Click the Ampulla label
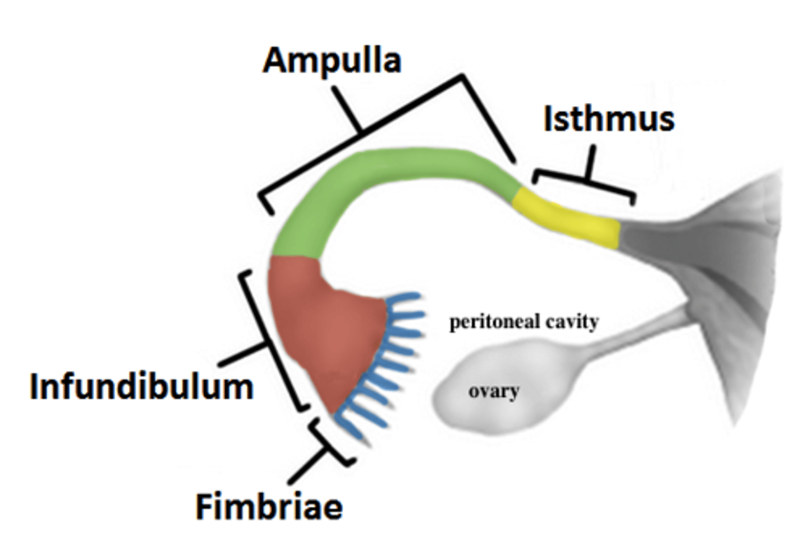[332, 61]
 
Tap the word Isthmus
[609, 119]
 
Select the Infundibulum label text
[141, 387]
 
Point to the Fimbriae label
[269, 506]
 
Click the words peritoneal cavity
[524, 322]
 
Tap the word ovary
[493, 391]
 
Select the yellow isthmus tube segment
[567, 219]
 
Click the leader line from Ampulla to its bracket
[345, 107]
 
